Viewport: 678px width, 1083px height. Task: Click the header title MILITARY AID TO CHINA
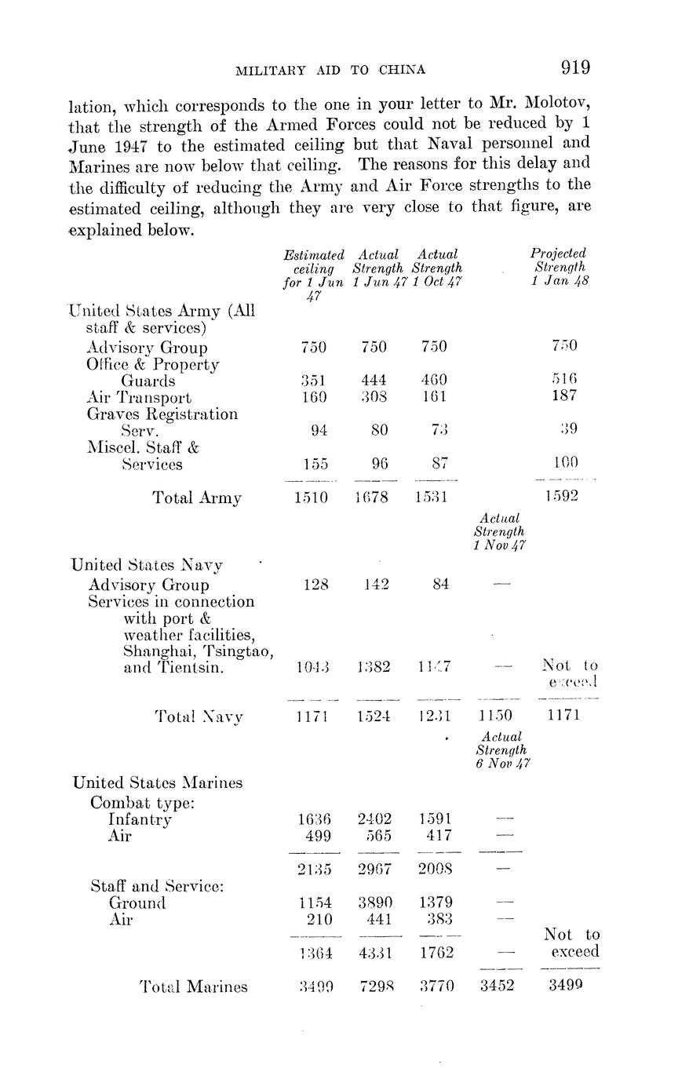(330, 70)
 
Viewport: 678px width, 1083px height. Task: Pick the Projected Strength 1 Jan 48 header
(558, 268)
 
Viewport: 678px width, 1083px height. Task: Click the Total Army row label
(197, 497)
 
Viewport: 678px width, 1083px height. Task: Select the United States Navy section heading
(147, 565)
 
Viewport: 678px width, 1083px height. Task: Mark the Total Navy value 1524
(374, 716)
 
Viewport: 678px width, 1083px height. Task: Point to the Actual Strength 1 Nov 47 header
(501, 532)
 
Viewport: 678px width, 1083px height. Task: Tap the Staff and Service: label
(157, 886)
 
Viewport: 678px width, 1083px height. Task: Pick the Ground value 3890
(374, 902)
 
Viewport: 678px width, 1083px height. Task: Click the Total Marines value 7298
(374, 986)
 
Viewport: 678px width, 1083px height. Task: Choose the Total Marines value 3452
(497, 986)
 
